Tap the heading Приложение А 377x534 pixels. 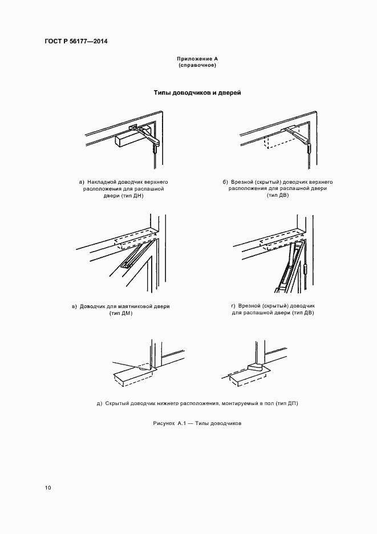[x=198, y=59]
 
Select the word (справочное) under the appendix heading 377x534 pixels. [x=198, y=65]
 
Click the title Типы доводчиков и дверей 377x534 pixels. [x=197, y=92]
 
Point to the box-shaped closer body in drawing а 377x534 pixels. [x=128, y=139]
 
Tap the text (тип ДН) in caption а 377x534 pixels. [x=132, y=195]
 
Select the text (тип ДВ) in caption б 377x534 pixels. [x=278, y=195]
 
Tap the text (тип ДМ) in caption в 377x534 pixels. [x=121, y=313]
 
